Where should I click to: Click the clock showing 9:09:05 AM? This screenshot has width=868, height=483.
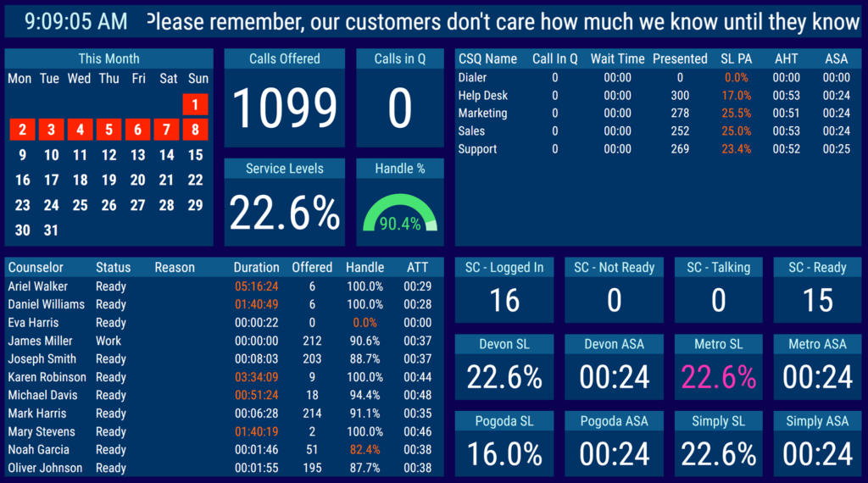pyautogui.click(x=76, y=22)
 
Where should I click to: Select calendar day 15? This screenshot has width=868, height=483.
pyautogui.click(x=195, y=155)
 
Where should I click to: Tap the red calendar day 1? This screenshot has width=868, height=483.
pyautogui.click(x=195, y=105)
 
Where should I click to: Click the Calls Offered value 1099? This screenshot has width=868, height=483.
pyautogui.click(x=285, y=108)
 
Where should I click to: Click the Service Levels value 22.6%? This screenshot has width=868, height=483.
pyautogui.click(x=285, y=213)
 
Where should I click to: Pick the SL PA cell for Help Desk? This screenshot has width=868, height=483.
pyautogui.click(x=737, y=96)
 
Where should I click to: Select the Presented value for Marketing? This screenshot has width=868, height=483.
pyautogui.click(x=680, y=114)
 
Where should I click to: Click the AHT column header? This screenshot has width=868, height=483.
pyautogui.click(x=787, y=59)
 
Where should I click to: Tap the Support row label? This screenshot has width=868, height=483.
pyautogui.click(x=478, y=149)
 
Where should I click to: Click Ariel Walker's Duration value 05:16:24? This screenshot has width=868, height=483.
pyautogui.click(x=256, y=286)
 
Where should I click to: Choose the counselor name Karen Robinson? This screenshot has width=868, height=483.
pyautogui.click(x=47, y=377)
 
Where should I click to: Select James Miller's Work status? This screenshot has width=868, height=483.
pyautogui.click(x=108, y=341)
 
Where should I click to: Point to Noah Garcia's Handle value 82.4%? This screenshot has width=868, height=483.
pyautogui.click(x=364, y=450)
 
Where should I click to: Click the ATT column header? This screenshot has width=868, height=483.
pyautogui.click(x=417, y=268)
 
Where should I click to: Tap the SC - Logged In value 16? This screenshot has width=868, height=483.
pyautogui.click(x=504, y=300)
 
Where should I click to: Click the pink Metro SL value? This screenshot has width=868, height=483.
pyautogui.click(x=718, y=377)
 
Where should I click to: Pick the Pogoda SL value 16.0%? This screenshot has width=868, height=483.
pyautogui.click(x=504, y=453)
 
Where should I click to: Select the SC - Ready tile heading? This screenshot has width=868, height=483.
pyautogui.click(x=817, y=268)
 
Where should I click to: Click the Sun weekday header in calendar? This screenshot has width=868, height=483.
pyautogui.click(x=198, y=79)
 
